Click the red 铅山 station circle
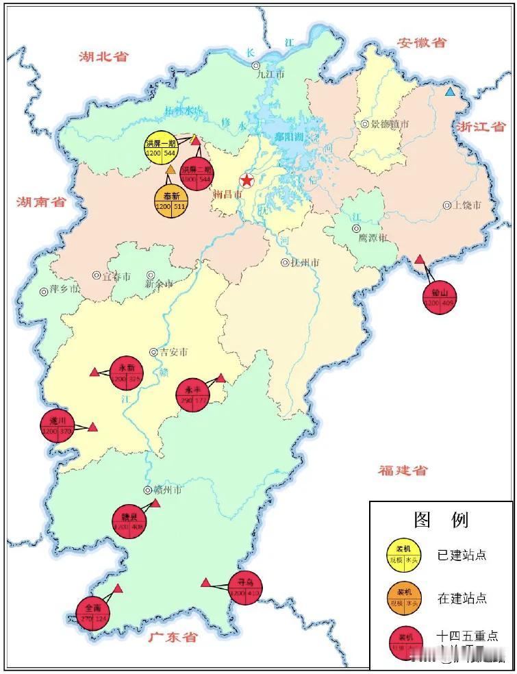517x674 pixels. tap(439, 297)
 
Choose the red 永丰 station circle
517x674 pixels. tap(194, 395)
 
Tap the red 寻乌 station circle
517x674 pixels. tap(244, 587)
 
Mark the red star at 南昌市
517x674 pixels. tap(246, 181)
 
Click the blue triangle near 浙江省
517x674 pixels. tap(449, 92)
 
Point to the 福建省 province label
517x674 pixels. tap(403, 470)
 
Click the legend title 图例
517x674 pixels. tap(442, 519)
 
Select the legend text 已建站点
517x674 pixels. tap(462, 555)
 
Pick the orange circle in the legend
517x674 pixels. tap(405, 597)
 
